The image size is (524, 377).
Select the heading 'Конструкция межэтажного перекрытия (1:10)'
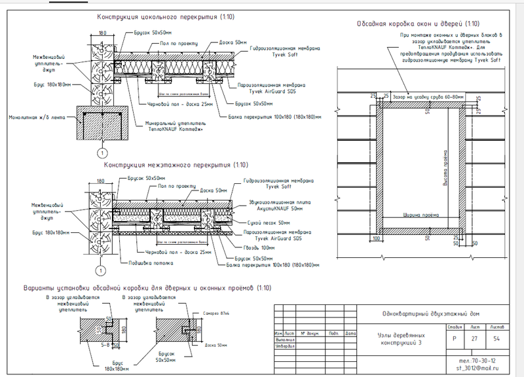[175, 166]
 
